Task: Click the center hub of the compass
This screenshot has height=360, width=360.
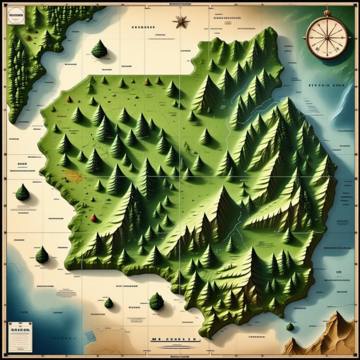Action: click(327, 38)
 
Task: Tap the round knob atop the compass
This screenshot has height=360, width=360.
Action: click(327, 13)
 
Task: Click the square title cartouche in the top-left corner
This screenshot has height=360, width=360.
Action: click(16, 17)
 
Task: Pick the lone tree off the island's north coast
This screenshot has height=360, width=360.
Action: click(99, 49)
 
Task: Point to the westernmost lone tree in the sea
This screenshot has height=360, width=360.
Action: click(22, 192)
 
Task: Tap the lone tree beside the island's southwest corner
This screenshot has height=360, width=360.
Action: click(42, 255)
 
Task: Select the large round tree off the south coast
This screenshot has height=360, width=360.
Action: click(157, 301)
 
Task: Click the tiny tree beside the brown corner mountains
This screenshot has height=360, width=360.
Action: click(290, 327)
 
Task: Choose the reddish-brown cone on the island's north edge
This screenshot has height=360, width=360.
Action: click(147, 82)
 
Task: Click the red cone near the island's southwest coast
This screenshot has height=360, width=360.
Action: click(93, 218)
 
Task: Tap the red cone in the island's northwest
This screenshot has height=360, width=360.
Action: click(68, 99)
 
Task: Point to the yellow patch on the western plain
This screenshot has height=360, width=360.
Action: click(73, 176)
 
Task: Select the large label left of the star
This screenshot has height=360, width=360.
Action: click(143, 27)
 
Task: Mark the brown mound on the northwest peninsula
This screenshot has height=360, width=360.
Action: click(26, 37)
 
